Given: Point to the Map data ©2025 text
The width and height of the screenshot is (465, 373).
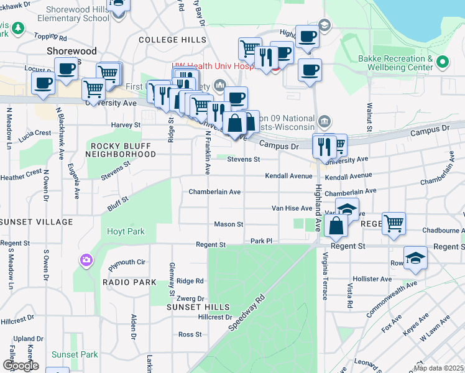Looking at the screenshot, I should pyautogui.click(x=439, y=368).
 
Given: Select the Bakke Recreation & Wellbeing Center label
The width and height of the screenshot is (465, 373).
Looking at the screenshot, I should pyautogui.click(x=395, y=62).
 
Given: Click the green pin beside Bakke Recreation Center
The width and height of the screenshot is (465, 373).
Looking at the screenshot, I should pyautogui.click(x=442, y=62).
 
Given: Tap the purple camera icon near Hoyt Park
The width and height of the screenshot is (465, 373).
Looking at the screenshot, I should pyautogui.click(x=86, y=259).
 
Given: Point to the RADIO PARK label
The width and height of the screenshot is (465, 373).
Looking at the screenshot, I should pyautogui.click(x=129, y=282).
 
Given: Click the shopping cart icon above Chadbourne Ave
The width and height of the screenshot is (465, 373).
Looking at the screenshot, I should pyautogui.click(x=394, y=222).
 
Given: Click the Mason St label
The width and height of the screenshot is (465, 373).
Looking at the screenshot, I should pyautogui.click(x=228, y=224).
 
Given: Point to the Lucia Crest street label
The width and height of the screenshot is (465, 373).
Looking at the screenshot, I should pyautogui.click(x=34, y=133).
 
